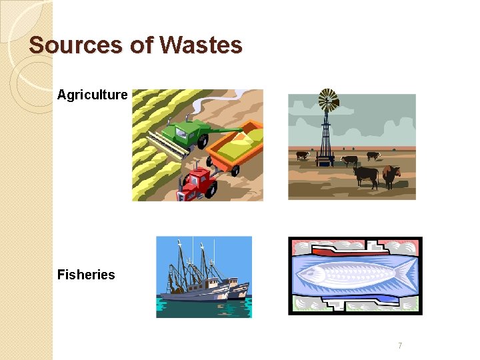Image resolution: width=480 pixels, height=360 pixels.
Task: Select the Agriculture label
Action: coord(92,95)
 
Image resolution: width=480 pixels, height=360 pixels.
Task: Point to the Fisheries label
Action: coord(86,275)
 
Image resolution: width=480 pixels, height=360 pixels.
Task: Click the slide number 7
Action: coord(400,345)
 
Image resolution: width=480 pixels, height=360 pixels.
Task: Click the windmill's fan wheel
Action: coord(328,100)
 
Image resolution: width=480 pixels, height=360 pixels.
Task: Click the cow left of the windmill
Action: coord(303,155)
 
